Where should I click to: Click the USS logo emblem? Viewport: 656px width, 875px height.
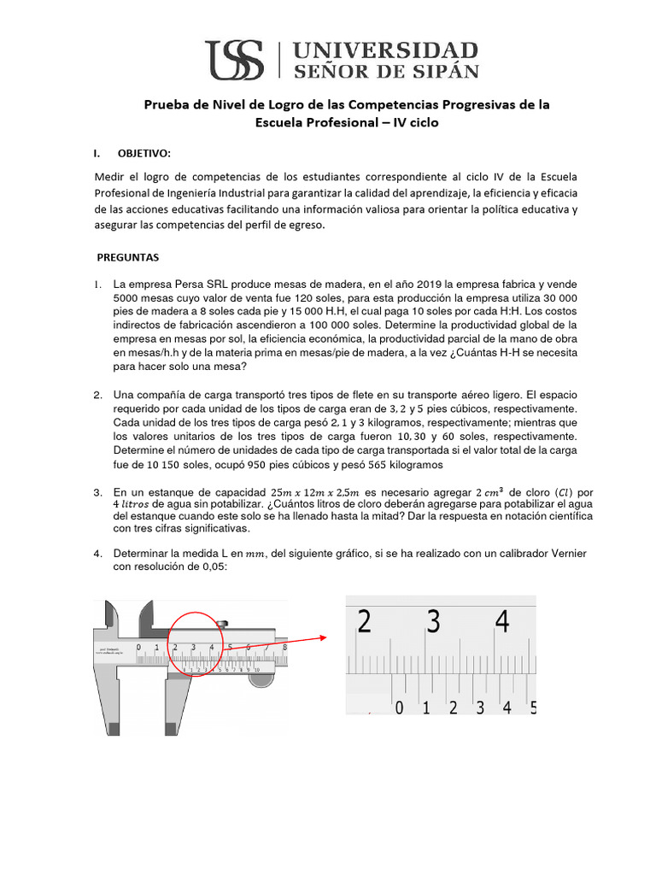237,59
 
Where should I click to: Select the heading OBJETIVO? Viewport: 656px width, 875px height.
143,153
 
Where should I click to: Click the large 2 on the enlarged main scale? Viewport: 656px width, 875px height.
365,621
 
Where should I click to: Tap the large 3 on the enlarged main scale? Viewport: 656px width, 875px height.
434,621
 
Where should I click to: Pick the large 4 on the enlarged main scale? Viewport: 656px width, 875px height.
503,621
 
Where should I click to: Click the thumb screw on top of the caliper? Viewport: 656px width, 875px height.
223,623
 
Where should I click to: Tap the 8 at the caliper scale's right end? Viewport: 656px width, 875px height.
284,647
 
